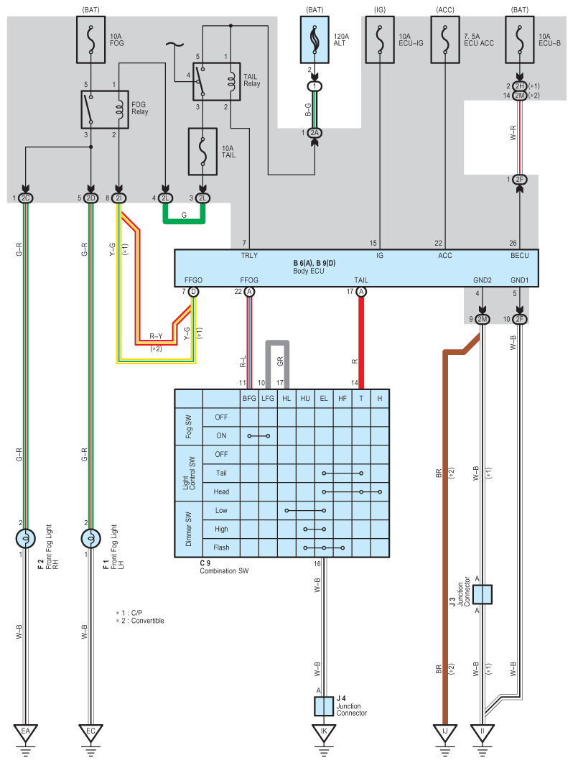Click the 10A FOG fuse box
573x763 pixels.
[91, 40]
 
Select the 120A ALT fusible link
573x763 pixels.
[315, 40]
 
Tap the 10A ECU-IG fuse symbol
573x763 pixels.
[379, 40]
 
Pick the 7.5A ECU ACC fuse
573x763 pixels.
[445, 40]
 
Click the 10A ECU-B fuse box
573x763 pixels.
[519, 40]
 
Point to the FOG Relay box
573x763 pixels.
[105, 109]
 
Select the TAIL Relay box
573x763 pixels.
[216, 82]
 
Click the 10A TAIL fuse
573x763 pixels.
[202, 152]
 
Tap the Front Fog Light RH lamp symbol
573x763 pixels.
[26, 539]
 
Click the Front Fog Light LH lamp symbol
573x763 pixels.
[90, 539]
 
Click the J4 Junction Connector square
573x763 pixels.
[324, 706]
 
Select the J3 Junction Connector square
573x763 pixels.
[482, 595]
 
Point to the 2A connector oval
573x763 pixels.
[315, 133]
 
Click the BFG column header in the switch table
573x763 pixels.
[249, 398]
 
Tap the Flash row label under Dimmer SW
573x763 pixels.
[221, 547]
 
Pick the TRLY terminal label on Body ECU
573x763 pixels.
[249, 256]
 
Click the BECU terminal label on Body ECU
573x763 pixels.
[519, 256]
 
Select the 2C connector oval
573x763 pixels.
[26, 198]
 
